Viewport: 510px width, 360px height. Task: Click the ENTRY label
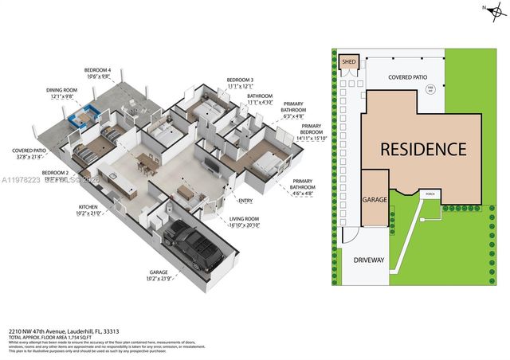pos(245,201)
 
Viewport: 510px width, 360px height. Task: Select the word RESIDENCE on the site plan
pos(422,149)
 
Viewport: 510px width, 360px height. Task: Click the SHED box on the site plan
pos(349,62)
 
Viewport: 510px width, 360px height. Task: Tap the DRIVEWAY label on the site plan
pos(368,260)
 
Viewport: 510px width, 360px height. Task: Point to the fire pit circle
pos(430,90)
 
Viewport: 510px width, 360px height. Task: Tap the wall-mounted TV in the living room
pos(208,166)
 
